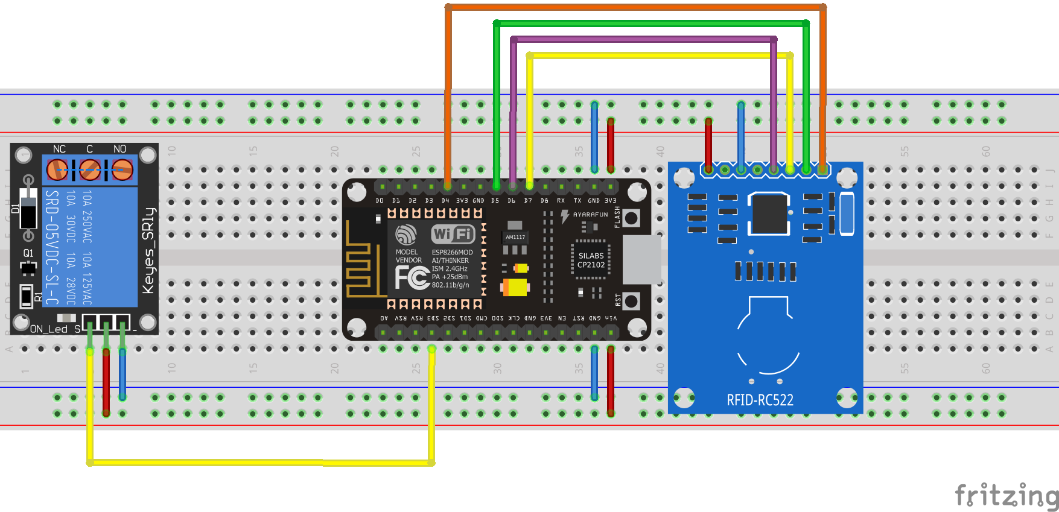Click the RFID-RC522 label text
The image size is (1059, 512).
[760, 400]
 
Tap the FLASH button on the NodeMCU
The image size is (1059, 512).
[631, 218]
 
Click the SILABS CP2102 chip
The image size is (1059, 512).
[591, 261]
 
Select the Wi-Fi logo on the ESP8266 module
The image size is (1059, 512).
[453, 234]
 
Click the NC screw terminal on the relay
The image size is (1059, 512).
[58, 169]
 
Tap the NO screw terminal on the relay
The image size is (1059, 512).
[122, 169]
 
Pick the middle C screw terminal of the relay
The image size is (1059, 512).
[90, 169]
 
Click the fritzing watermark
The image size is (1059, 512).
[1006, 496]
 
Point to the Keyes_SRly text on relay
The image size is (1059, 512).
[148, 250]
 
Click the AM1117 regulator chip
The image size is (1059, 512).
[515, 237]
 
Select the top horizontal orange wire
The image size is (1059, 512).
[634, 7]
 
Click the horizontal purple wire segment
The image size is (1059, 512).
[643, 39]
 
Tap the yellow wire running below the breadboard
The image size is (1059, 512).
[259, 463]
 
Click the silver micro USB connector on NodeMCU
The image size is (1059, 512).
[641, 259]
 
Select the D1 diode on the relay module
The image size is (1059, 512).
[28, 208]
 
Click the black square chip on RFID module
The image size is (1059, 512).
[769, 213]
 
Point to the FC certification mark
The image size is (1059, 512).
[412, 278]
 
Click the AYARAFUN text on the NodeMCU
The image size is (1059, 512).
[590, 215]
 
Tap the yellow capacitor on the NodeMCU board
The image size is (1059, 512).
[515, 286]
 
